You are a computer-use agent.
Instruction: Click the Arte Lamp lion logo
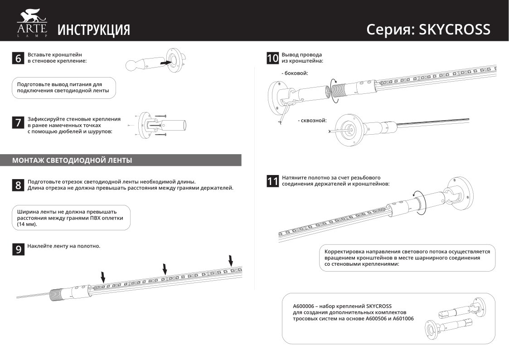pyautogui.click(x=32, y=24)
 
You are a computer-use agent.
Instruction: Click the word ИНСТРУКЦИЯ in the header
pyautogui.click(x=94, y=30)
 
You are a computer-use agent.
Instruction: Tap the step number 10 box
pyautogui.click(x=272, y=58)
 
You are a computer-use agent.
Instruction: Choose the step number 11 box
pyautogui.click(x=272, y=181)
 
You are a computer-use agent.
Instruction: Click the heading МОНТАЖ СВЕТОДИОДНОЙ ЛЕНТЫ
pyautogui.click(x=73, y=161)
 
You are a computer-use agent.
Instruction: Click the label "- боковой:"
pyautogui.click(x=295, y=73)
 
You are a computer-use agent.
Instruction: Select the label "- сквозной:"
pyautogui.click(x=312, y=121)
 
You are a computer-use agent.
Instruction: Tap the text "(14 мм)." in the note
pyautogui.click(x=27, y=224)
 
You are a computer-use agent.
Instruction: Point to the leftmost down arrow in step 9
pyautogui.click(x=103, y=276)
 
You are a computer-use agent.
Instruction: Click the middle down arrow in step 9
pyautogui.click(x=165, y=269)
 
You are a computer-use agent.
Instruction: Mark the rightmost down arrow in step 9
pyautogui.click(x=231, y=261)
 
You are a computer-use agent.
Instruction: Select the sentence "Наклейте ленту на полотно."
pyautogui.click(x=63, y=246)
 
